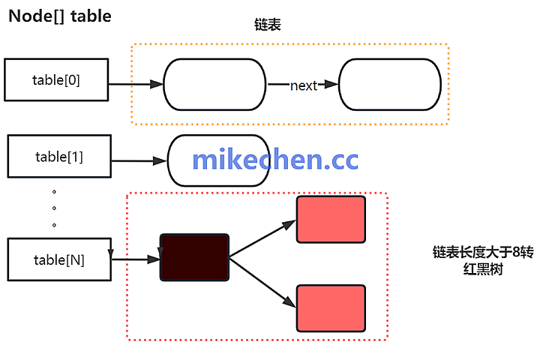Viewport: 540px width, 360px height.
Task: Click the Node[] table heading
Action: point(60,16)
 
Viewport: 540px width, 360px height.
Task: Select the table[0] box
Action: point(56,79)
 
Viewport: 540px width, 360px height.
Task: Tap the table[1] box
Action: point(58,157)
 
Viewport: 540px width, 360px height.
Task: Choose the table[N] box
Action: point(58,260)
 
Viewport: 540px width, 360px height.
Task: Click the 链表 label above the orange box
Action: point(268,25)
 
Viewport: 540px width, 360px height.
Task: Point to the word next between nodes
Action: point(304,85)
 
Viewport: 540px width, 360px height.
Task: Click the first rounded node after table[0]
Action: point(214,85)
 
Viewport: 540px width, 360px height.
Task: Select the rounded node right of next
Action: point(389,85)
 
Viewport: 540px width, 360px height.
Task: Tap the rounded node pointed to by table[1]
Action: point(218,160)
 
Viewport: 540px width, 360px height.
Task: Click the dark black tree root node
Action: point(194,257)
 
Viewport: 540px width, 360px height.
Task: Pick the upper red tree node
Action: point(331,219)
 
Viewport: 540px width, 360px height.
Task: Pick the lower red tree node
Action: point(331,307)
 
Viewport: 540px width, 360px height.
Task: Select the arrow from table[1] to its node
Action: point(138,160)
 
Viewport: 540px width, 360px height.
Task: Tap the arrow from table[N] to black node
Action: point(136,259)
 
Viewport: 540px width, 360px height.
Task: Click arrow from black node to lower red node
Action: point(262,280)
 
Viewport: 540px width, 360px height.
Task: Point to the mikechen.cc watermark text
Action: point(275,159)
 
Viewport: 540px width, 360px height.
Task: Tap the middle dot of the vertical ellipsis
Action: point(55,208)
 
